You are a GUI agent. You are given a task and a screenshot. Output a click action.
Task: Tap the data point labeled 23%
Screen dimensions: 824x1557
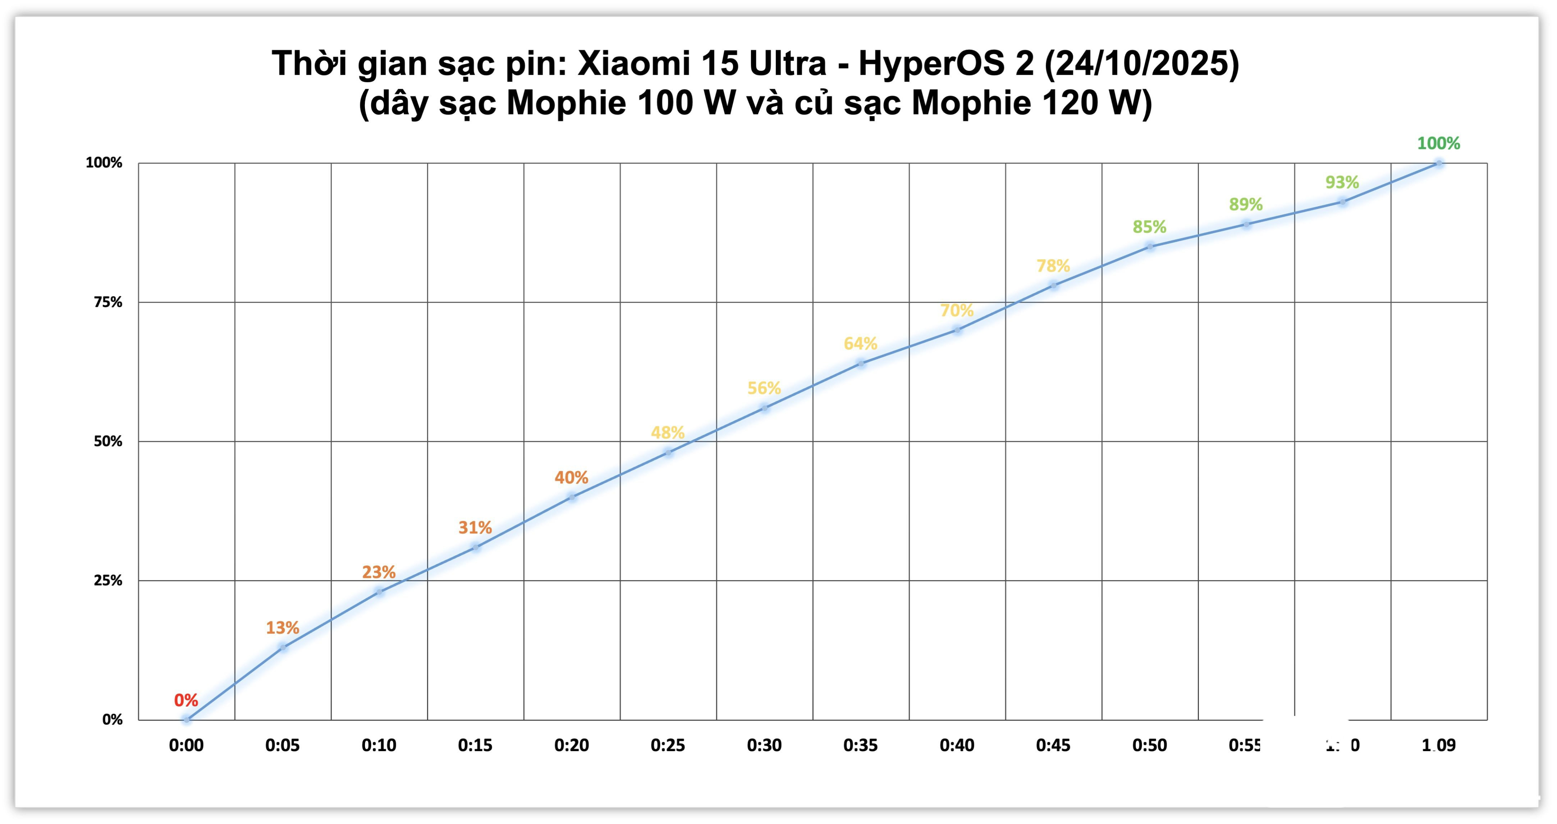pos(379,592)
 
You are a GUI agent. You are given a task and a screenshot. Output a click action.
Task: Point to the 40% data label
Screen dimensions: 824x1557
pos(571,477)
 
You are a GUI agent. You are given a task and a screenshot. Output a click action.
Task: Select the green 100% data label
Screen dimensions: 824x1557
pos(1438,143)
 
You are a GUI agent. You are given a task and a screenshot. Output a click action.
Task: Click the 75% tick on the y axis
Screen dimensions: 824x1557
pos(107,302)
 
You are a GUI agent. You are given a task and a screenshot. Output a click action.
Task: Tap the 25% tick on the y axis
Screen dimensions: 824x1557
pos(107,580)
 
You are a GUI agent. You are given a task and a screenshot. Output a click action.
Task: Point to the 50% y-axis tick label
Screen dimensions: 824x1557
pos(107,441)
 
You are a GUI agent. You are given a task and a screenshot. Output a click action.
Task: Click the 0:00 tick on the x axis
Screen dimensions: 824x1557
pos(186,745)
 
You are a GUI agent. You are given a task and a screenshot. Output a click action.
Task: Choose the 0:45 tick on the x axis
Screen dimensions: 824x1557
pos(1053,745)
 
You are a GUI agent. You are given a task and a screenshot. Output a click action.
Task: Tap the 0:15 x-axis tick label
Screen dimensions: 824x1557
pos(475,745)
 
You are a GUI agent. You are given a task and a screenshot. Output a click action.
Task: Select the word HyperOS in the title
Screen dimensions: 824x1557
pos(946,63)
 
